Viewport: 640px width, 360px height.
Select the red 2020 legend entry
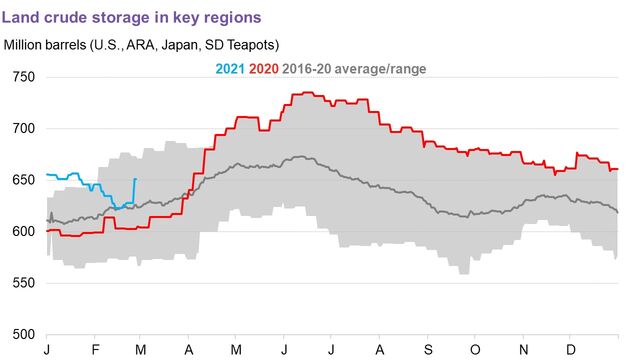263,68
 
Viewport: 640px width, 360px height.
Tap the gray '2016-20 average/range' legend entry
355,68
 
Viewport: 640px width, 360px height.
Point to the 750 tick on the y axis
22,77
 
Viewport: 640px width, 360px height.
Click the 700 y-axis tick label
22,129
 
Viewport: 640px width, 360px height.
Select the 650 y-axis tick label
22,180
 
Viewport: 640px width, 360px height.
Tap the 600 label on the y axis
22,232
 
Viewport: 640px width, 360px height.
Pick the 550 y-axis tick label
22,283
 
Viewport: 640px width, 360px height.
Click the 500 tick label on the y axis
22,335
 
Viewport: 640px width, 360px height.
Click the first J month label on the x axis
47,351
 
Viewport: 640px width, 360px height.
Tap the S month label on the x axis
428,351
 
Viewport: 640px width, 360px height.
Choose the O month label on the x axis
475,351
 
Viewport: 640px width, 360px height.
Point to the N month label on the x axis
524,351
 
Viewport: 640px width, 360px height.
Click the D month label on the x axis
571,351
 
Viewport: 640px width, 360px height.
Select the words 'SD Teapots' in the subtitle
240,45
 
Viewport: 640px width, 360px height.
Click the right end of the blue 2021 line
136,179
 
